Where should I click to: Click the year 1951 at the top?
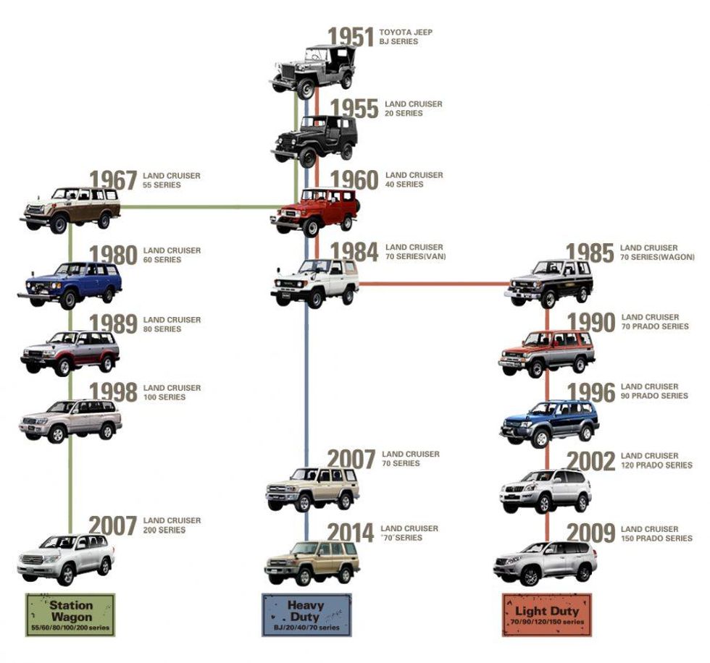(x=351, y=37)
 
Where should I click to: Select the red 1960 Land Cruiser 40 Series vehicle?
(x=315, y=211)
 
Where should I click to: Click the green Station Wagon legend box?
(x=70, y=615)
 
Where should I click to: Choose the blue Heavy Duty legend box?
(x=306, y=615)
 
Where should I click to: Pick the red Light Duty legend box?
(x=547, y=615)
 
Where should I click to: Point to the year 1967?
(x=113, y=180)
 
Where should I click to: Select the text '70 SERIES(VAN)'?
(x=416, y=257)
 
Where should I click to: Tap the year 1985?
(x=590, y=253)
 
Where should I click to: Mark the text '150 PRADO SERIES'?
(x=656, y=539)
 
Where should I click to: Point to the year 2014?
(x=351, y=532)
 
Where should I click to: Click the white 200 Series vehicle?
(x=66, y=558)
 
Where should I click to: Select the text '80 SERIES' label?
(x=162, y=329)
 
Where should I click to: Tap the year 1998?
(x=113, y=392)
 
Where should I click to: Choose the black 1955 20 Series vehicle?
(x=315, y=140)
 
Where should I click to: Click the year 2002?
(x=590, y=461)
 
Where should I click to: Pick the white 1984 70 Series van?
(x=315, y=282)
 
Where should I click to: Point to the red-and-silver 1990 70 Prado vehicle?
(x=547, y=352)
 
